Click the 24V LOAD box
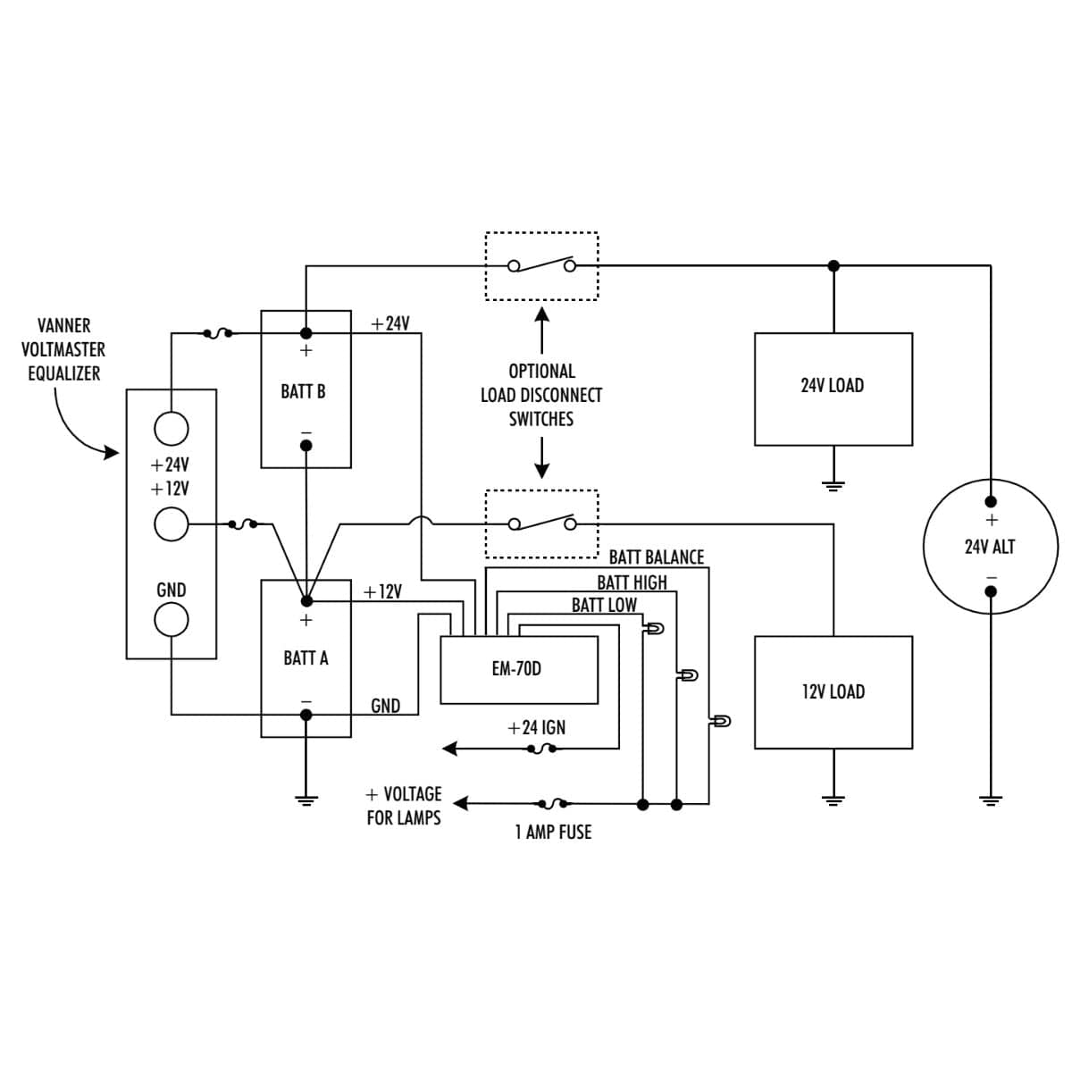click(833, 389)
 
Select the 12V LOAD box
click(833, 691)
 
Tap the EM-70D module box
click(518, 669)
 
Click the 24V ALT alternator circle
click(990, 547)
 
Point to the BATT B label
click(303, 391)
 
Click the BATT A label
click(306, 658)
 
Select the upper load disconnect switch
click(541, 265)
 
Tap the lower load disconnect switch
click(541, 523)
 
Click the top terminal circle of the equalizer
click(172, 429)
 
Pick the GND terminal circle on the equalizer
click(172, 618)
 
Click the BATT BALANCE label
click(656, 557)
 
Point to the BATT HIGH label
click(632, 582)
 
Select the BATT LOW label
click(604, 606)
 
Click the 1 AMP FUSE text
click(553, 833)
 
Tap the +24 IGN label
click(536, 728)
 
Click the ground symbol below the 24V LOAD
click(833, 486)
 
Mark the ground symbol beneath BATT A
click(306, 800)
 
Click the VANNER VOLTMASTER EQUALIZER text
click(63, 349)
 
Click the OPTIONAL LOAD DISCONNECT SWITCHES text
click(541, 395)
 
